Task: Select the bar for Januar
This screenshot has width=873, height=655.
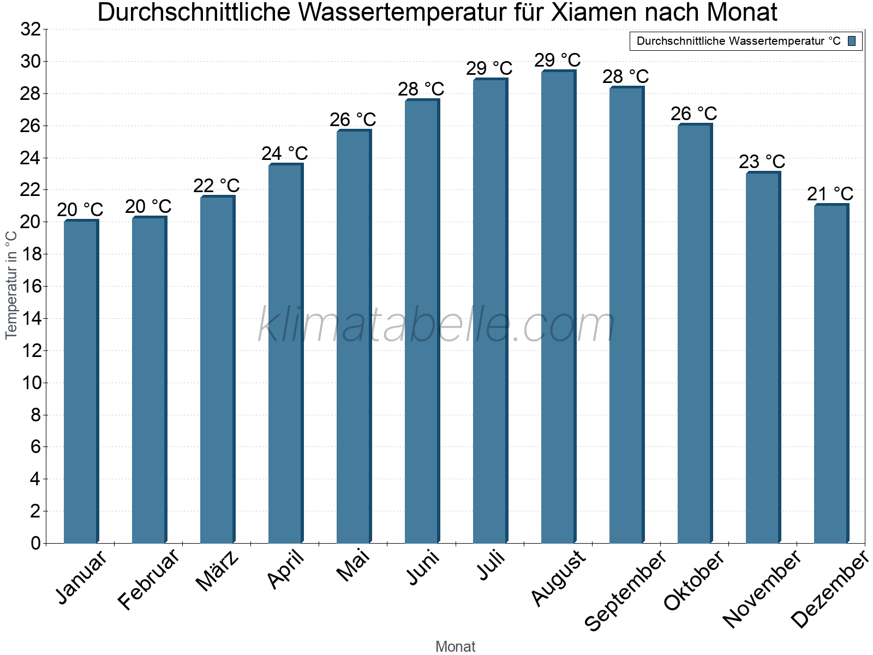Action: pyautogui.click(x=81, y=382)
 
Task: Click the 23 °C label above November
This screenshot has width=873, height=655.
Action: pyautogui.click(x=762, y=162)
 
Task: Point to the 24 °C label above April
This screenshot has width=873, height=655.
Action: pyautogui.click(x=284, y=153)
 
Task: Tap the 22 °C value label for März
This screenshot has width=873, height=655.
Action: pyautogui.click(x=216, y=186)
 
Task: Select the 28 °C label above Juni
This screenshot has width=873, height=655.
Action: pyautogui.click(x=421, y=89)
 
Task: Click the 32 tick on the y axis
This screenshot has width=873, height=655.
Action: pyautogui.click(x=31, y=29)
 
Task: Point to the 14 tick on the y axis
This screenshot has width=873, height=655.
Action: pyautogui.click(x=31, y=319)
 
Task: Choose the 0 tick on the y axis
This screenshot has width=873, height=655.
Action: pyautogui.click(x=35, y=543)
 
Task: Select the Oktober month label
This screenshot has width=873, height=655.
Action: pyautogui.click(x=694, y=581)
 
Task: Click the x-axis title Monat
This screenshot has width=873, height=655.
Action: pyautogui.click(x=455, y=646)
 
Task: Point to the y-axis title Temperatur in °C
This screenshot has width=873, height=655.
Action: pyautogui.click(x=11, y=284)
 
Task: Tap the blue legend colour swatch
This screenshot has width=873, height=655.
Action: pyautogui.click(x=852, y=41)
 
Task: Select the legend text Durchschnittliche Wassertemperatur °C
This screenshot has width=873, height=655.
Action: pyautogui.click(x=738, y=41)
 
